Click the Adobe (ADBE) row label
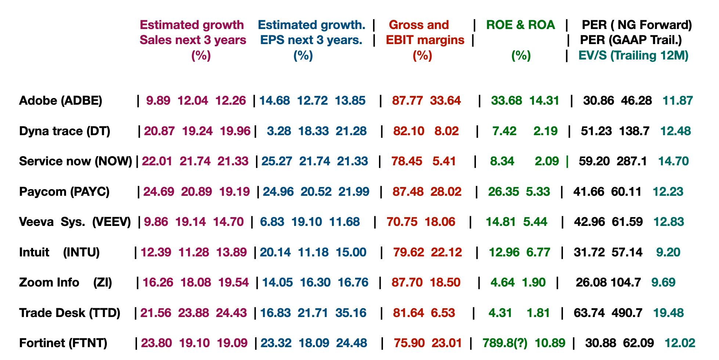click(x=61, y=101)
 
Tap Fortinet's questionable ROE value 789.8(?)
click(x=505, y=343)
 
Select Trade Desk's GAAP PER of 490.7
click(x=627, y=313)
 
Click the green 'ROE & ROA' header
click(x=520, y=25)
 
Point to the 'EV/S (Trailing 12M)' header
click(x=633, y=55)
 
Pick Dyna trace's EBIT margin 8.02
click(x=447, y=131)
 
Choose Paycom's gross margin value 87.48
click(x=408, y=192)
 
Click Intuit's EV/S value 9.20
click(x=668, y=252)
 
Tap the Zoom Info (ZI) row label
click(x=65, y=282)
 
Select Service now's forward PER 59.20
click(x=594, y=161)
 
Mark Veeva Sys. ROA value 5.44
click(x=535, y=222)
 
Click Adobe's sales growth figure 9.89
click(x=158, y=101)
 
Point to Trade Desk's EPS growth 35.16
click(x=351, y=313)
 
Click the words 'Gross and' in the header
click(x=419, y=25)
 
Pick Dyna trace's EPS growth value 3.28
click(x=279, y=131)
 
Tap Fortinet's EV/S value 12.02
click(x=680, y=343)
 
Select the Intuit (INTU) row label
click(x=59, y=252)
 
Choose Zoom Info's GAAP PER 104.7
click(x=626, y=282)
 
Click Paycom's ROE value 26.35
click(x=503, y=192)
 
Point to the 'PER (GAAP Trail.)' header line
click(x=631, y=40)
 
